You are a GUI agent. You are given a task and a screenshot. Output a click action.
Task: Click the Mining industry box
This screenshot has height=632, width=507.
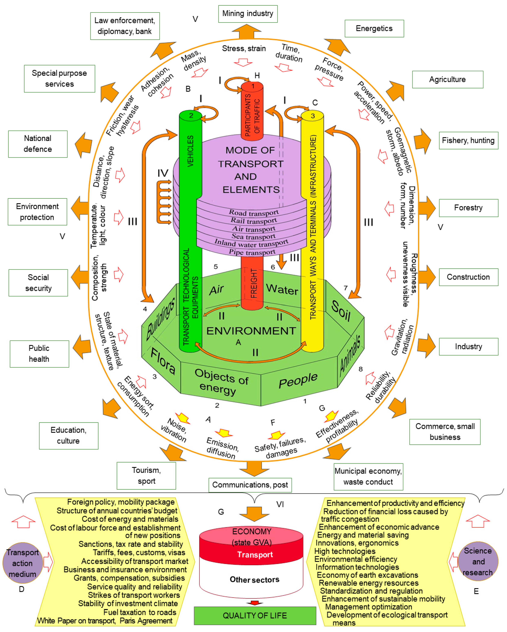248,14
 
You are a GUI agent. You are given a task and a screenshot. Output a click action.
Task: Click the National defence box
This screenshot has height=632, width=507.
38,144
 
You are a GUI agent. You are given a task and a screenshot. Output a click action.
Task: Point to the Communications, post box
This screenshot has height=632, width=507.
250,485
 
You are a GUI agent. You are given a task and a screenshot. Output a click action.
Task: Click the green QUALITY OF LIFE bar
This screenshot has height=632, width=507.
255,615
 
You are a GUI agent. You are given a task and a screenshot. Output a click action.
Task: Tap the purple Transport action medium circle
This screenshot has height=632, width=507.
23,563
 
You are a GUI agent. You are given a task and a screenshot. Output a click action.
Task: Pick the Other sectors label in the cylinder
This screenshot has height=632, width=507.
254,580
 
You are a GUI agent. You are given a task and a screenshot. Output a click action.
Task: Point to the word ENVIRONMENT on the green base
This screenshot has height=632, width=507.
251,331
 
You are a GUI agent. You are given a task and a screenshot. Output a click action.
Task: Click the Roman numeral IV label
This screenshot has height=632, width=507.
163,173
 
